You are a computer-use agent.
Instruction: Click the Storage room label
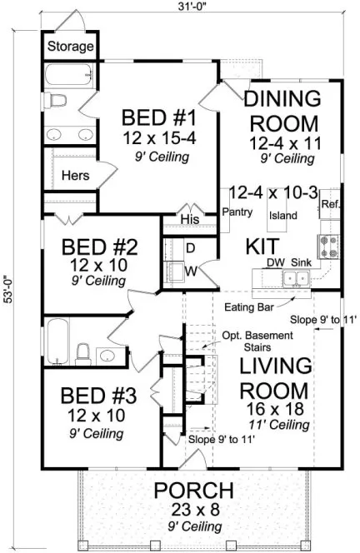click(x=69, y=47)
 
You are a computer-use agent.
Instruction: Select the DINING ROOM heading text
click(x=281, y=110)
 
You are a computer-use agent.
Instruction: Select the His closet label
click(x=190, y=220)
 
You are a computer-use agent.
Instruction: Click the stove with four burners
click(x=326, y=245)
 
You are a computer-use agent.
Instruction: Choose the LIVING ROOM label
click(x=276, y=377)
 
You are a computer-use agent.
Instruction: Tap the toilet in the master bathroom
click(x=57, y=102)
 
